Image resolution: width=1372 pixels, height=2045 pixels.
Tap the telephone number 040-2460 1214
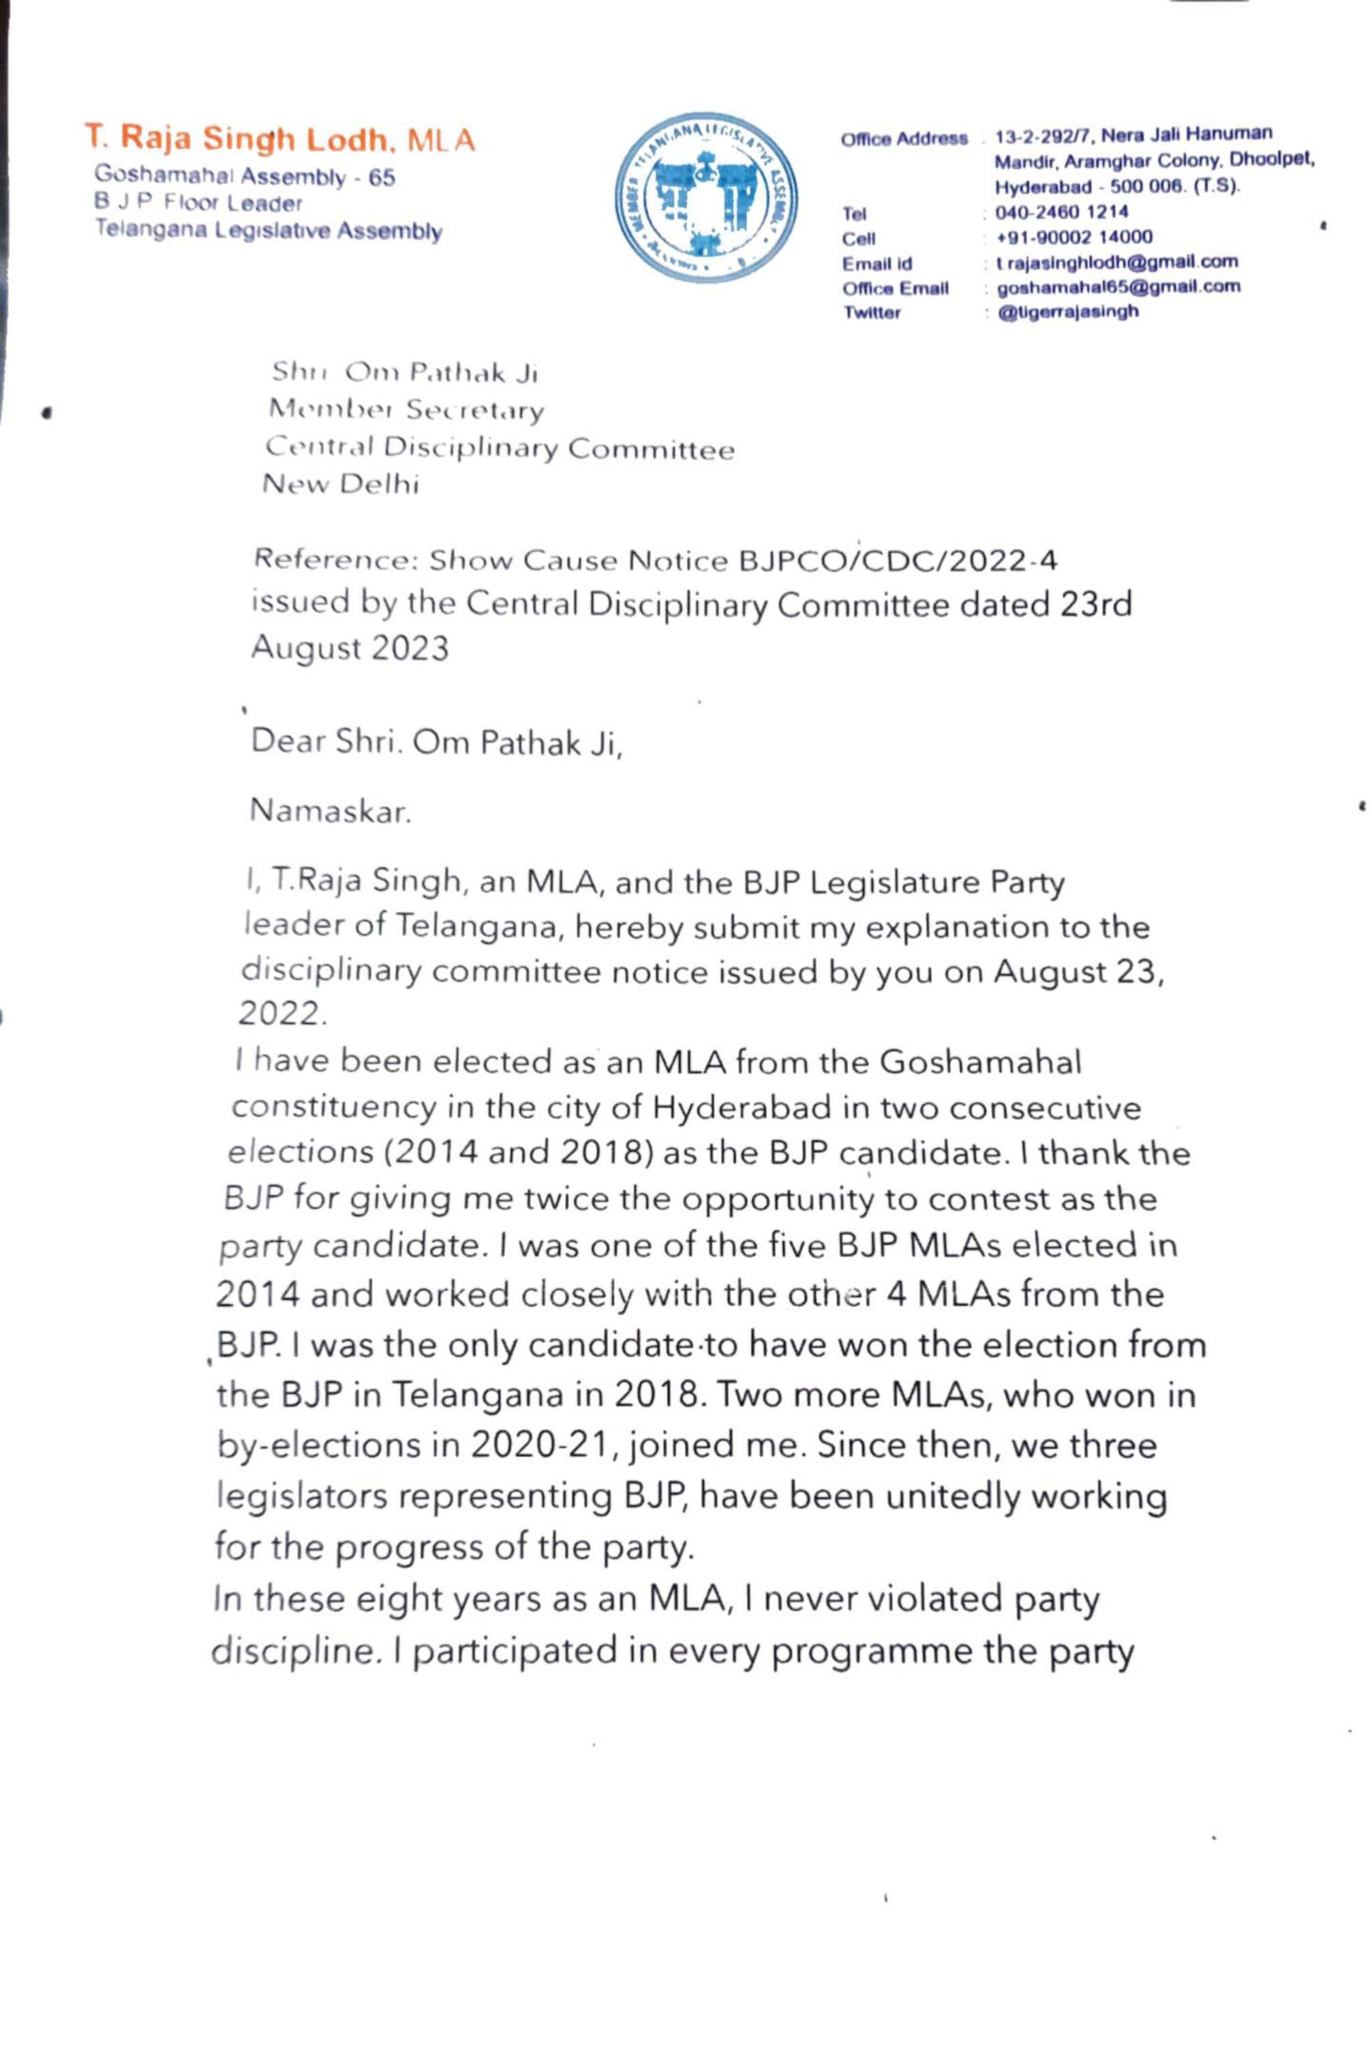(x=1061, y=212)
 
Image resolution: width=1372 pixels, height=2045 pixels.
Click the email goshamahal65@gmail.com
(x=1117, y=286)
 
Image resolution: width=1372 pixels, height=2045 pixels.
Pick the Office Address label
(x=904, y=139)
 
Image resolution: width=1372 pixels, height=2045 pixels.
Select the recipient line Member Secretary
(x=406, y=410)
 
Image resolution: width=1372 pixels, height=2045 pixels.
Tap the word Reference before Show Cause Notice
(x=333, y=561)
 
